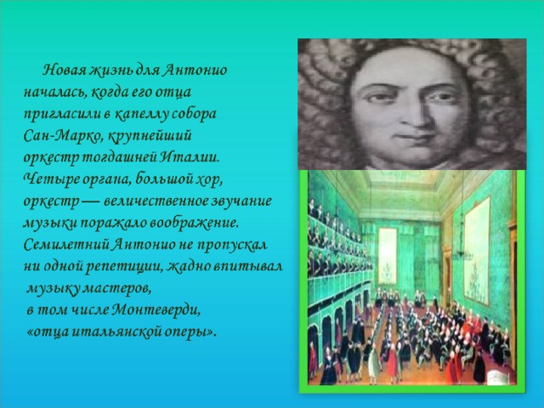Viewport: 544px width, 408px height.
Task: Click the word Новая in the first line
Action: click(65, 70)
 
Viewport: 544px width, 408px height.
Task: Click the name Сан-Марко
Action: click(63, 136)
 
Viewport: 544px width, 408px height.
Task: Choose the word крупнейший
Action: click(150, 136)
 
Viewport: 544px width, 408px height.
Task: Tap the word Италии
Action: click(190, 157)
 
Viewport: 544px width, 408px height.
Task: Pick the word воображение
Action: click(194, 224)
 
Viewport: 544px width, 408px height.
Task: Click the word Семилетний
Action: click(67, 245)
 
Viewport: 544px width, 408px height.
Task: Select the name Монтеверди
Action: click(156, 309)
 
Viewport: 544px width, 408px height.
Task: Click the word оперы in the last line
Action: click(190, 332)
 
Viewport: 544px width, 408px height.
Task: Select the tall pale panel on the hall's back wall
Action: click(388, 256)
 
